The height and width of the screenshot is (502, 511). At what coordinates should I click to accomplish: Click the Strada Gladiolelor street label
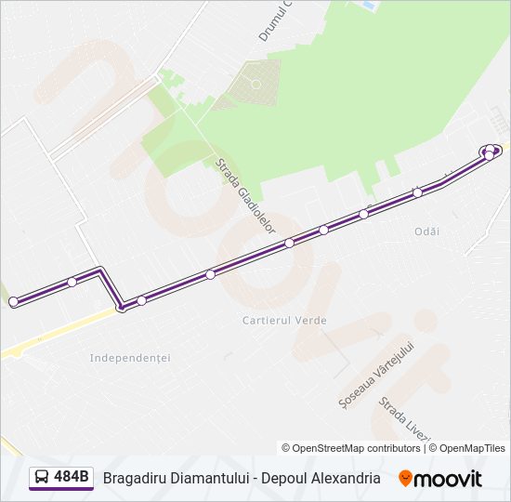pyautogui.click(x=246, y=195)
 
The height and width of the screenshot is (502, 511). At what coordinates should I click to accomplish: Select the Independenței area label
pyautogui.click(x=130, y=358)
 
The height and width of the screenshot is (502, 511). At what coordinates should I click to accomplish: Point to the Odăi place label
pyautogui.click(x=427, y=231)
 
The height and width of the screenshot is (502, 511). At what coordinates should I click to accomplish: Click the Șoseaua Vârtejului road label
pyautogui.click(x=375, y=376)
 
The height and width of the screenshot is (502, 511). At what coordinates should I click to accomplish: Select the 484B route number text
pyautogui.click(x=72, y=478)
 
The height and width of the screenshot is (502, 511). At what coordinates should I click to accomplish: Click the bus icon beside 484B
pyautogui.click(x=42, y=478)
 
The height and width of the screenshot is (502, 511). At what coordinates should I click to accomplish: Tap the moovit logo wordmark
pyautogui.click(x=449, y=479)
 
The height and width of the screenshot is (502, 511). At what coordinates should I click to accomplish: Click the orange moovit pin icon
pyautogui.click(x=405, y=479)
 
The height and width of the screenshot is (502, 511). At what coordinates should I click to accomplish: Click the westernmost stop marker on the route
pyautogui.click(x=13, y=301)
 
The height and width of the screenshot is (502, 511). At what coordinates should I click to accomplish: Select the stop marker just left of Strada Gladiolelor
pyautogui.click(x=211, y=274)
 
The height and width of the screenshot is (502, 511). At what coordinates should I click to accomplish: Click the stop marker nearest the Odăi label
pyautogui.click(x=418, y=192)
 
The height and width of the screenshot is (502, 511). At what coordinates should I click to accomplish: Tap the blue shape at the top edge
pyautogui.click(x=369, y=5)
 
